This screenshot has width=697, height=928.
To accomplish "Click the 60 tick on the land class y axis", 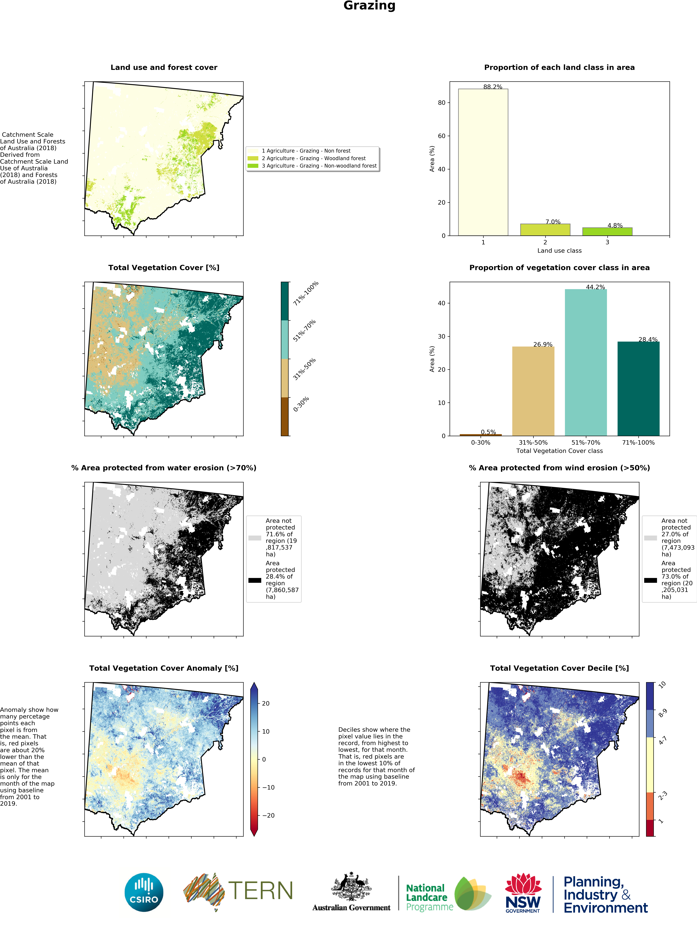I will [441, 136].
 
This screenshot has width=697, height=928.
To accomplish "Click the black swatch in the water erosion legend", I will [254, 580].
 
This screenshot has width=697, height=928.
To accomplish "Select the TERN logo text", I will [260, 891].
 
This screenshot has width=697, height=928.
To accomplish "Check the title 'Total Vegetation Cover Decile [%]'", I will [559, 668].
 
